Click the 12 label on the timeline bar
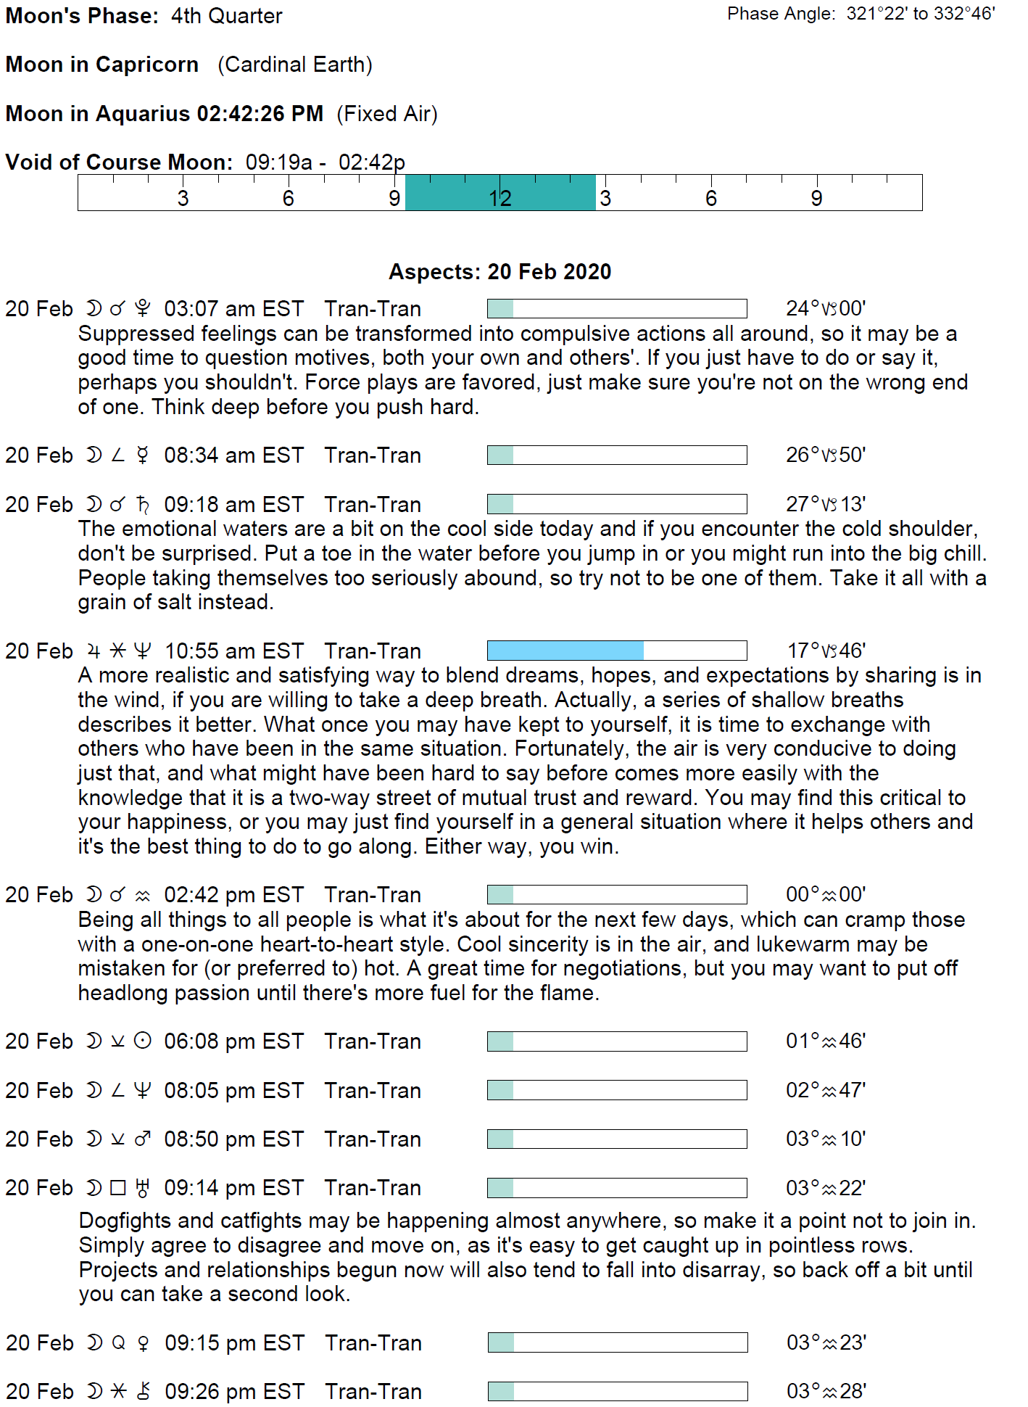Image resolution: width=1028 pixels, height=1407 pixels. click(x=500, y=198)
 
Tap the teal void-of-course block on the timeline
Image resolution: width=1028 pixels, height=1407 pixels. click(x=500, y=192)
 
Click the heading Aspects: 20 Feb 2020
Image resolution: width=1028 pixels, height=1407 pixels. click(x=500, y=272)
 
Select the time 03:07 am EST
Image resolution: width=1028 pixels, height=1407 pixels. click(x=233, y=309)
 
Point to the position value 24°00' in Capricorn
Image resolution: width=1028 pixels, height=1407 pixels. click(x=826, y=309)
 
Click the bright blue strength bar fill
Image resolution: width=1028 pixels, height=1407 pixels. click(x=565, y=651)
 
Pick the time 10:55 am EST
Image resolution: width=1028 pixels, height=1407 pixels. click(x=233, y=651)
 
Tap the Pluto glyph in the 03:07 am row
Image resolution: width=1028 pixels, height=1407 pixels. click(x=143, y=309)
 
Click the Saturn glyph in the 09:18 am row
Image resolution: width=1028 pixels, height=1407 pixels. click(x=143, y=504)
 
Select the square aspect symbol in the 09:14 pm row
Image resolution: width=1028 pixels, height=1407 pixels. click(x=118, y=1188)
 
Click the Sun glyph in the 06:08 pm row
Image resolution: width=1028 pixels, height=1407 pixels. click(x=143, y=1041)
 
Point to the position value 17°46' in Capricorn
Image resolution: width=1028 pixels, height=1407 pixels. click(x=826, y=651)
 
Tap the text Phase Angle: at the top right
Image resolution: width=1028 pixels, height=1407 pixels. click(x=781, y=14)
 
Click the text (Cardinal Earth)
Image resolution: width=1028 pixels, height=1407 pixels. click(x=295, y=65)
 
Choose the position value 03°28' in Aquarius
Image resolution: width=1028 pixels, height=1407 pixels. click(x=826, y=1392)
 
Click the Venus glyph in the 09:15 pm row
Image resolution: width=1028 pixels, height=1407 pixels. click(x=144, y=1344)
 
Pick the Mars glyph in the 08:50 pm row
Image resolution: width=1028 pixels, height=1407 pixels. click(x=143, y=1139)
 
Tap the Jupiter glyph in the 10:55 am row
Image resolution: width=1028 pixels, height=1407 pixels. click(x=94, y=651)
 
